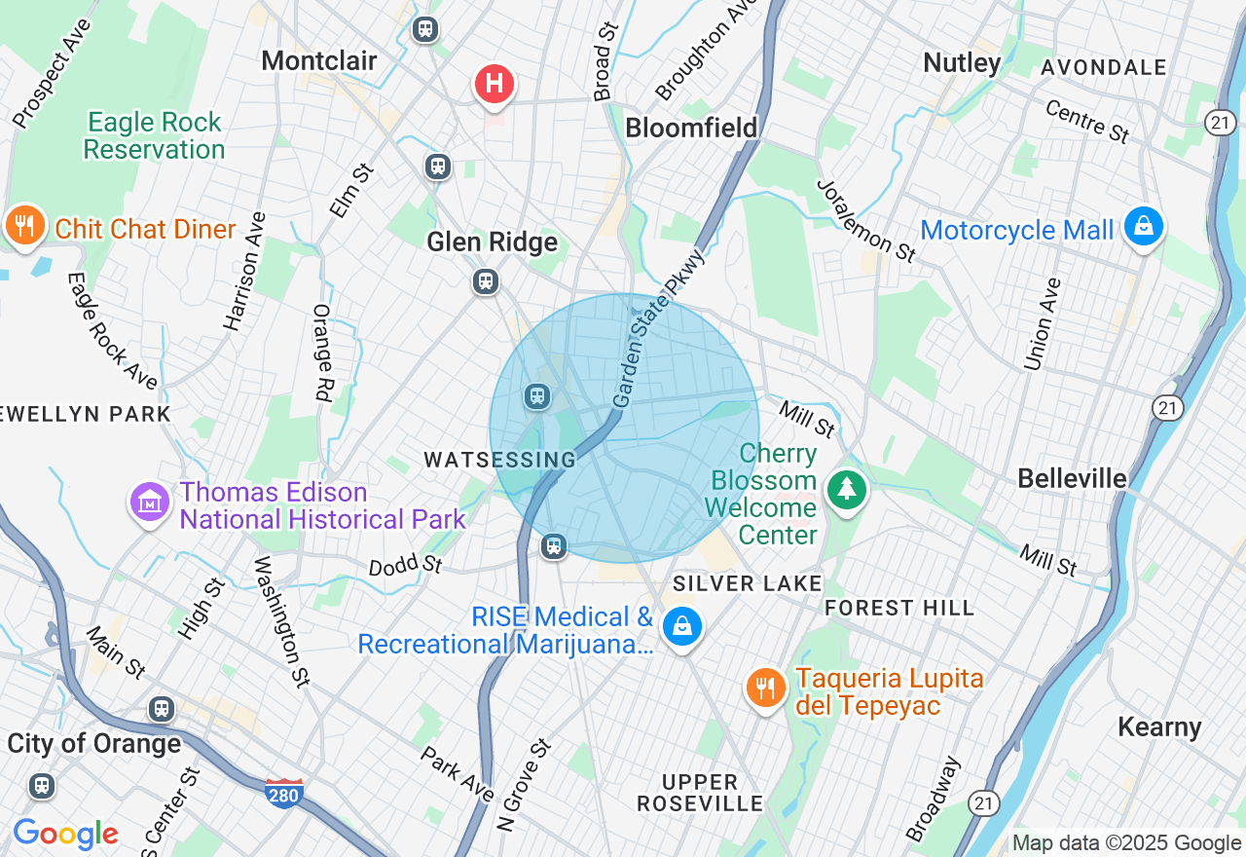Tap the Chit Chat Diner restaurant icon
[x=24, y=226]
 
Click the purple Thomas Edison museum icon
[x=149, y=502]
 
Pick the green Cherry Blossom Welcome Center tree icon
[x=847, y=488]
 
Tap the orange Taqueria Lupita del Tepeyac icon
[x=766, y=689]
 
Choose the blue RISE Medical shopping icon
[x=683, y=626]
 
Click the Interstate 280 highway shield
[x=283, y=791]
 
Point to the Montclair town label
[x=319, y=60]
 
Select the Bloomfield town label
[x=691, y=128]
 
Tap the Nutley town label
[x=962, y=63]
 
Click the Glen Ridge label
[x=493, y=242]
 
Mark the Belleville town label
[x=1072, y=478]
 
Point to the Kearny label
[x=1159, y=727]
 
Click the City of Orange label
[x=94, y=743]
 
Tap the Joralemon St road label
[x=866, y=221]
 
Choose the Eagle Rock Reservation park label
[x=154, y=135]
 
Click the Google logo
[x=65, y=834]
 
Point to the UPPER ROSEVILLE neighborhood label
[x=700, y=793]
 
